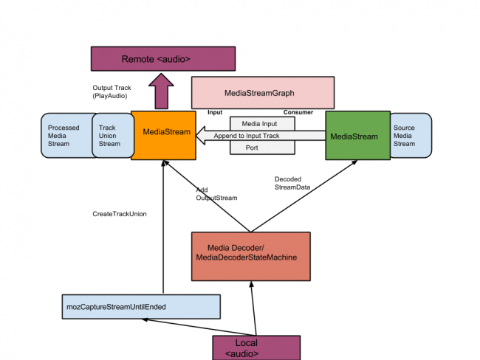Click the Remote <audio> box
pos(162,58)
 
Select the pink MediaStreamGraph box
pos(262,94)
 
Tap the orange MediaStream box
pos(162,135)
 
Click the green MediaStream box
pos(357,136)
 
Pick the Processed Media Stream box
pos(66,136)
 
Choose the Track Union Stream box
pos(111,136)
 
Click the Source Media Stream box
pos(410,136)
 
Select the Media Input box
pos(264,123)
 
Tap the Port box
pos(264,148)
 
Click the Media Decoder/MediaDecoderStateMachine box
pos(251,256)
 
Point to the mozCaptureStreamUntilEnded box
pos(141,306)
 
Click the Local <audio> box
pos(256,347)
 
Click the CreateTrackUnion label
pos(119,214)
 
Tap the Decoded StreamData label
pos(292,183)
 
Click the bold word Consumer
pos(298,113)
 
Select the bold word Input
pos(215,113)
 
